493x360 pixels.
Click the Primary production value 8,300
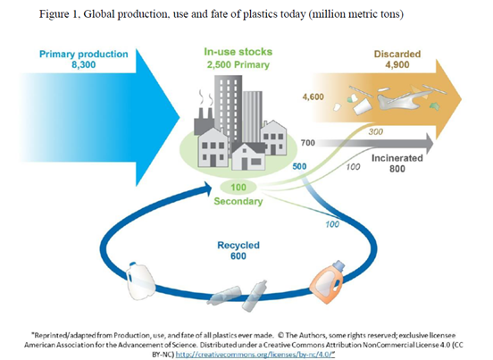[84, 65]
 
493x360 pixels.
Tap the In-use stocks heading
[238, 52]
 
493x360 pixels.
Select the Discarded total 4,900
[397, 65]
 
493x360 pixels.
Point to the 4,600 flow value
[313, 96]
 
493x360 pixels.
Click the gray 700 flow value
[308, 143]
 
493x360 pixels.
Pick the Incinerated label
[397, 158]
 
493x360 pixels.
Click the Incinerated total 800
[397, 169]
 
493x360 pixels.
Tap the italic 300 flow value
[376, 131]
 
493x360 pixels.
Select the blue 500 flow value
[299, 167]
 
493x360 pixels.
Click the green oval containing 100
[238, 188]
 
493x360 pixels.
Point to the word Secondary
[238, 201]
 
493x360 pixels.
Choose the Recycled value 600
[238, 256]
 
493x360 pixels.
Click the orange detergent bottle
[327, 281]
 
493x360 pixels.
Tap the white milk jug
[140, 280]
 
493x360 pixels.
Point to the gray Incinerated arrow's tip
[433, 143]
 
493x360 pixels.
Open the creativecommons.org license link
[255, 355]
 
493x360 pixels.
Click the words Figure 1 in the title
[58, 14]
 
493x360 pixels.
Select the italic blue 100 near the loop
[332, 224]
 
